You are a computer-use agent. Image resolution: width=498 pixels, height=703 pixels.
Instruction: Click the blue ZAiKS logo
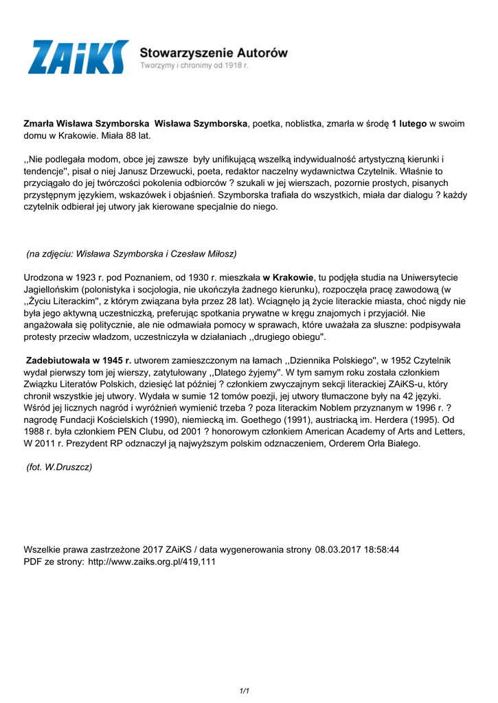pos(78,57)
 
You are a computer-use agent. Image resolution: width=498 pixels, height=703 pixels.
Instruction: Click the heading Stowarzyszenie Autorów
pos(214,52)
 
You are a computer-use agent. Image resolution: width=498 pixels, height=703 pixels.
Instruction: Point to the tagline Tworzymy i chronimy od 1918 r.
pos(194,66)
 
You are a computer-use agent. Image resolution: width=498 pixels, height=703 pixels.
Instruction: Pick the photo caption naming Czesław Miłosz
pos(131,254)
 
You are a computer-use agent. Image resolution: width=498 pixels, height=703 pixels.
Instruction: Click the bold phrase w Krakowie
pos(288,277)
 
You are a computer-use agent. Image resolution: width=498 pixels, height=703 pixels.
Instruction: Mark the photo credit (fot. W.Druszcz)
pos(59,467)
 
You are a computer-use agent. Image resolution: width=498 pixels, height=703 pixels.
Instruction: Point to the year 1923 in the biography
pos(94,277)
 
